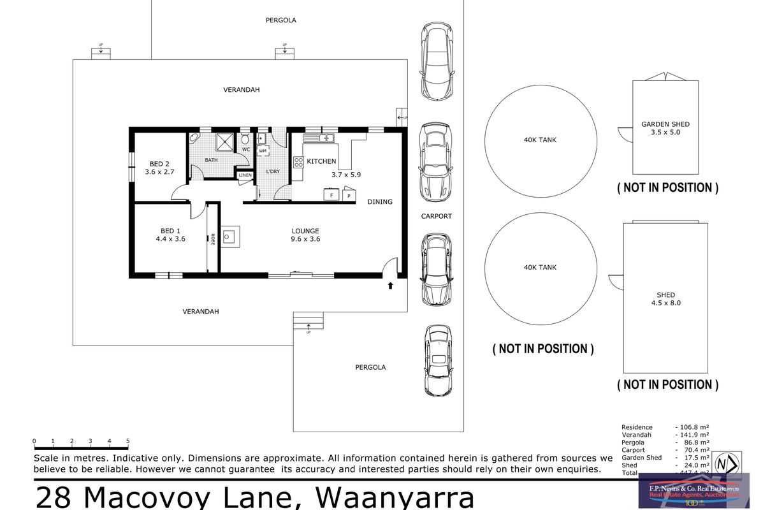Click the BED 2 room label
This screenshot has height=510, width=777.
click(159, 163)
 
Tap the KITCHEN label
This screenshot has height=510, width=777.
click(321, 161)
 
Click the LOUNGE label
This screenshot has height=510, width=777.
click(305, 231)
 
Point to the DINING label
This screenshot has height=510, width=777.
click(380, 201)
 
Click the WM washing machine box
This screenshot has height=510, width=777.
click(263, 151)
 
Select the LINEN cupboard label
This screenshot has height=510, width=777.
click(245, 175)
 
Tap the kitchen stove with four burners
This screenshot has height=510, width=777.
click(298, 162)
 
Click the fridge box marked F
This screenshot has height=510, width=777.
click(331, 195)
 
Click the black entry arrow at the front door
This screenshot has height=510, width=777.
click(390, 286)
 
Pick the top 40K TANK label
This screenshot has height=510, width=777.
click(540, 140)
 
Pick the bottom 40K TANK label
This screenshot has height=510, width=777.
click(540, 267)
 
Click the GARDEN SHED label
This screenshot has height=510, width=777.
click(665, 124)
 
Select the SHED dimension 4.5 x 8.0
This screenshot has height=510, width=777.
click(665, 303)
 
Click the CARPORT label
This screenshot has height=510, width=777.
click(436, 216)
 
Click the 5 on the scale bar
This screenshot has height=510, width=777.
click(128, 441)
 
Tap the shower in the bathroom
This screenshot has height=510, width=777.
click(225, 140)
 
